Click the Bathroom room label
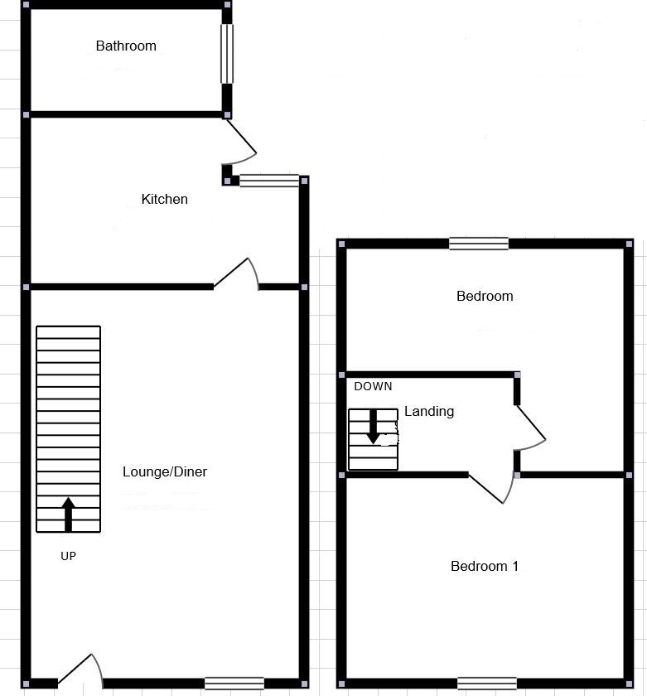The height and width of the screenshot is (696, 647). tap(126, 46)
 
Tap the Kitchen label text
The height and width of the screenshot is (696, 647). tap(165, 199)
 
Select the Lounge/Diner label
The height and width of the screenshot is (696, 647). tap(165, 472)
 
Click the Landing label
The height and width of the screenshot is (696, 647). tap(429, 411)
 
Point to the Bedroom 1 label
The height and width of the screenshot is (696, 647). tap(485, 567)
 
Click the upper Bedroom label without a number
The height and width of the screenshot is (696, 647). tap(485, 296)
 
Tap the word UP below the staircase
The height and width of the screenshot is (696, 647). tap(68, 557)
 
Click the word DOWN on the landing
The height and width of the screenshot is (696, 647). tap(373, 386)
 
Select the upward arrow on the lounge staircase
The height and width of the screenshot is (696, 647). tap(68, 514)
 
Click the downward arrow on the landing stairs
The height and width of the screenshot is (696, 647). tap(373, 426)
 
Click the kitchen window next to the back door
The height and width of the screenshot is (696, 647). tap(269, 180)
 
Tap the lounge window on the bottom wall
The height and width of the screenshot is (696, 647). tap(234, 684)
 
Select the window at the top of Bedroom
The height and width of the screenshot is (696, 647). tap(479, 244)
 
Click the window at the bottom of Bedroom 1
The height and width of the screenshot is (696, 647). tap(487, 684)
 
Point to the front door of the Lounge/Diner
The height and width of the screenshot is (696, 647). tap(80, 671)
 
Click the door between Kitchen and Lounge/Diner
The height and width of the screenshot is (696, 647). tap(237, 275)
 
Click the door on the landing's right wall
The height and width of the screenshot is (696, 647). tap(530, 428)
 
